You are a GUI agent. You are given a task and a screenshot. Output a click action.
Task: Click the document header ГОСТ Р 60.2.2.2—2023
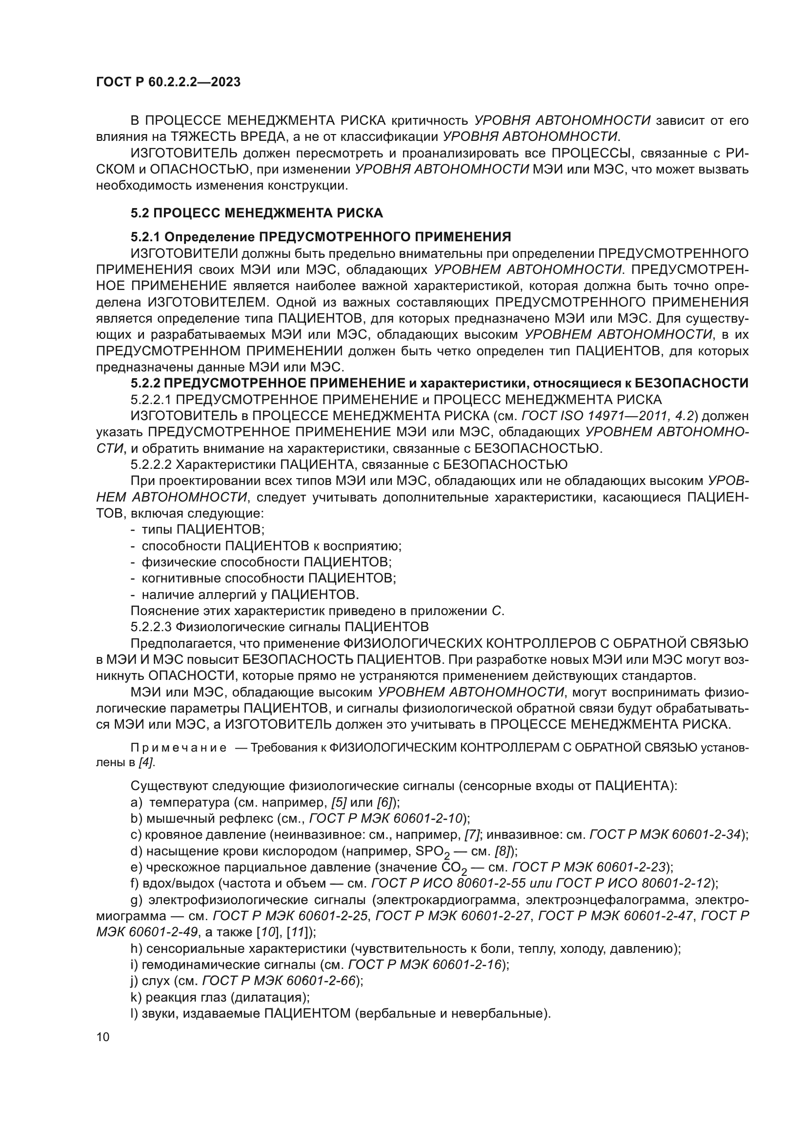(x=168, y=82)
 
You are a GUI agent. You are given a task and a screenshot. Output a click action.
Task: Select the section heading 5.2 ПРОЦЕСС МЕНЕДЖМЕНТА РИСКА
(x=257, y=213)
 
